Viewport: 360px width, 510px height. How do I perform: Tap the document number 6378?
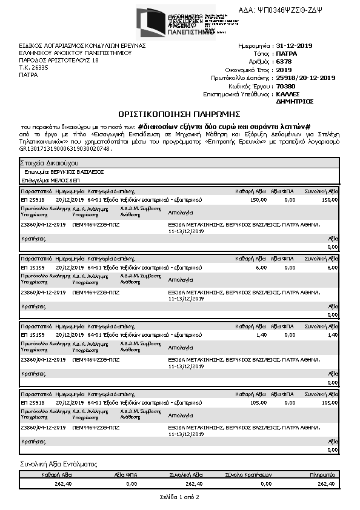point(283,62)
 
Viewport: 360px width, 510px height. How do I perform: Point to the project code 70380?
point(285,86)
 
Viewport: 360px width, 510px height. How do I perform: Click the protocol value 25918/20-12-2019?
point(305,78)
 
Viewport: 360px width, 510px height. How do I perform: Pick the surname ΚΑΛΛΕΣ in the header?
point(287,94)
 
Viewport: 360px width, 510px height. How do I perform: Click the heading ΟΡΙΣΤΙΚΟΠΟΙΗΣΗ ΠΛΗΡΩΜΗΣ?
point(179,114)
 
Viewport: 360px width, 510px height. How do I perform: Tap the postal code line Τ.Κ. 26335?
point(34,67)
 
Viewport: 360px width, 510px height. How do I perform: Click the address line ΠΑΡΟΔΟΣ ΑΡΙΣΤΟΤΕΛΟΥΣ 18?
point(58,60)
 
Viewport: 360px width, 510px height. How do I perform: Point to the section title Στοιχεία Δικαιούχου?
point(49,164)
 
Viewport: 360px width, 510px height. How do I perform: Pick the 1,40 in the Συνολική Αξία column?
point(332,335)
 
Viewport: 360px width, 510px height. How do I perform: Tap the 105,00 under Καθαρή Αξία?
point(258,403)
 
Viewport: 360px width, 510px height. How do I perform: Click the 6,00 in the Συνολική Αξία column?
point(333,267)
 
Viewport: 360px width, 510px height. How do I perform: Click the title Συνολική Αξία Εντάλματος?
point(59,464)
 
